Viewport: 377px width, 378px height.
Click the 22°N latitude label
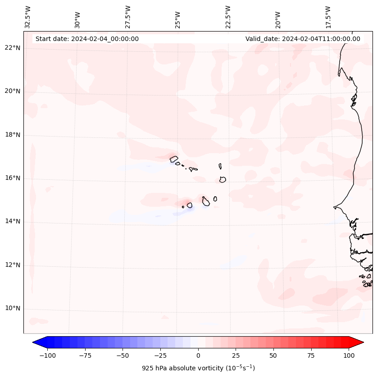(x=12, y=48)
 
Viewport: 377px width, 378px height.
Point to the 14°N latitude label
(x=12, y=222)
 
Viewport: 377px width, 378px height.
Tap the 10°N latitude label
(x=12, y=309)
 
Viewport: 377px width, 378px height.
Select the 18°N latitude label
(x=12, y=135)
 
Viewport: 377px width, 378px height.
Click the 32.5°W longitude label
(x=28, y=17)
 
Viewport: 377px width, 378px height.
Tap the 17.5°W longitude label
(x=328, y=17)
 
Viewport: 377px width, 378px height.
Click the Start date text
(x=87, y=39)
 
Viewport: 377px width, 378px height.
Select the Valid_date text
(x=303, y=39)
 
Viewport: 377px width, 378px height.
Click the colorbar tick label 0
(x=198, y=356)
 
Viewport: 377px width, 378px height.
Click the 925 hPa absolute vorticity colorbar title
(x=198, y=368)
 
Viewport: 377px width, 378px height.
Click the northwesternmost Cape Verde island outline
(x=174, y=159)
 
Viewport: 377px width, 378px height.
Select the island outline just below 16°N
(x=223, y=179)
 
